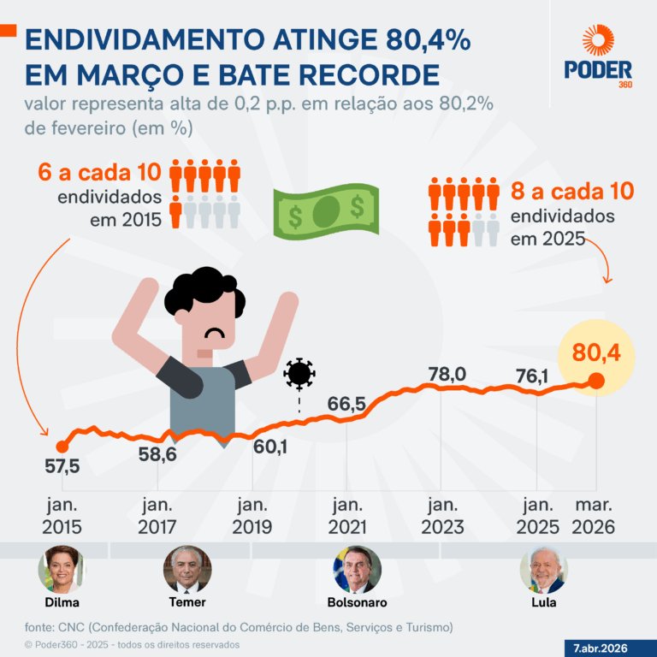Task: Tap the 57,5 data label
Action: click(x=62, y=467)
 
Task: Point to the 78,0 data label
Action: click(x=447, y=374)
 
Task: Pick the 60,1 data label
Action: click(x=270, y=447)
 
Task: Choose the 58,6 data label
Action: click(x=157, y=454)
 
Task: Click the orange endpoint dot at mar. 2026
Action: click(x=596, y=382)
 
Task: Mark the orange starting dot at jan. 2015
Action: click(x=62, y=446)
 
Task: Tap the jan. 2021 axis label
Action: click(x=346, y=516)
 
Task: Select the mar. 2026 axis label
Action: click(x=593, y=516)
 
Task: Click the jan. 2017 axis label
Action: click(x=157, y=516)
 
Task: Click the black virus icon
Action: click(x=299, y=374)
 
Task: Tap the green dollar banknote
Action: click(x=325, y=210)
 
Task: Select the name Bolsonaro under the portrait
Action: click(x=357, y=602)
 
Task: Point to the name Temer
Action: click(x=186, y=602)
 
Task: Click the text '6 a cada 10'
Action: click(x=99, y=172)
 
